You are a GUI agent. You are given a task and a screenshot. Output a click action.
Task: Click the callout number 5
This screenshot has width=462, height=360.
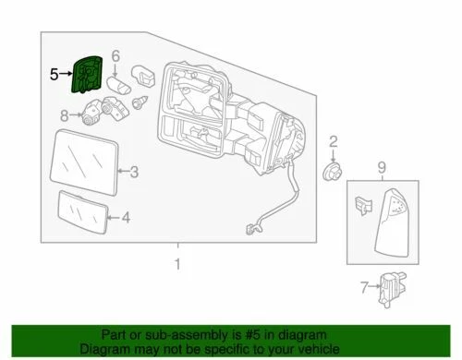54,72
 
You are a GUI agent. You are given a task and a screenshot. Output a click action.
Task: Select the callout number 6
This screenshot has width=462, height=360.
115,57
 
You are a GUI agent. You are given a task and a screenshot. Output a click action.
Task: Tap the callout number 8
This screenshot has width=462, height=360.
65,115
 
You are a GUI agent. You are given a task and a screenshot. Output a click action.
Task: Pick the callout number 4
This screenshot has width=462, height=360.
127,218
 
